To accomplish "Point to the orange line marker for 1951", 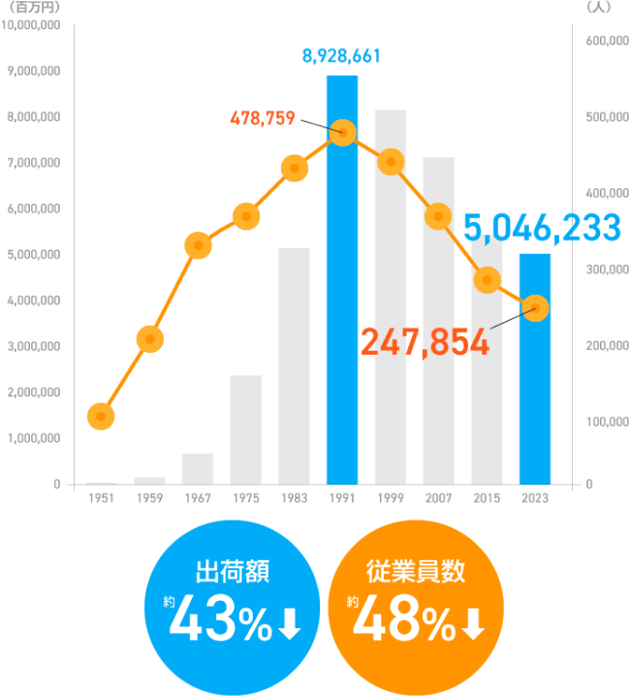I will pyautogui.click(x=101, y=417).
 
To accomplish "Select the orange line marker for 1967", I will pyautogui.click(x=198, y=245).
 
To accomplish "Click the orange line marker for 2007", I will pyautogui.click(x=438, y=215).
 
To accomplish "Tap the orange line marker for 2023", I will pyautogui.click(x=535, y=308).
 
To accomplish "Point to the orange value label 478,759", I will pyautogui.click(x=263, y=119).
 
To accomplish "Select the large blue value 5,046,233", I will pyautogui.click(x=542, y=228).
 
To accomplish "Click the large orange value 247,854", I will pyautogui.click(x=425, y=341).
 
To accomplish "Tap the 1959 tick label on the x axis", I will pyautogui.click(x=149, y=497).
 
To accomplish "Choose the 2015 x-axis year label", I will pyautogui.click(x=487, y=497).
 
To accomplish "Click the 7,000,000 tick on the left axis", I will pyautogui.click(x=34, y=163).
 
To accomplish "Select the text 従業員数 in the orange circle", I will pyautogui.click(x=417, y=570).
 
